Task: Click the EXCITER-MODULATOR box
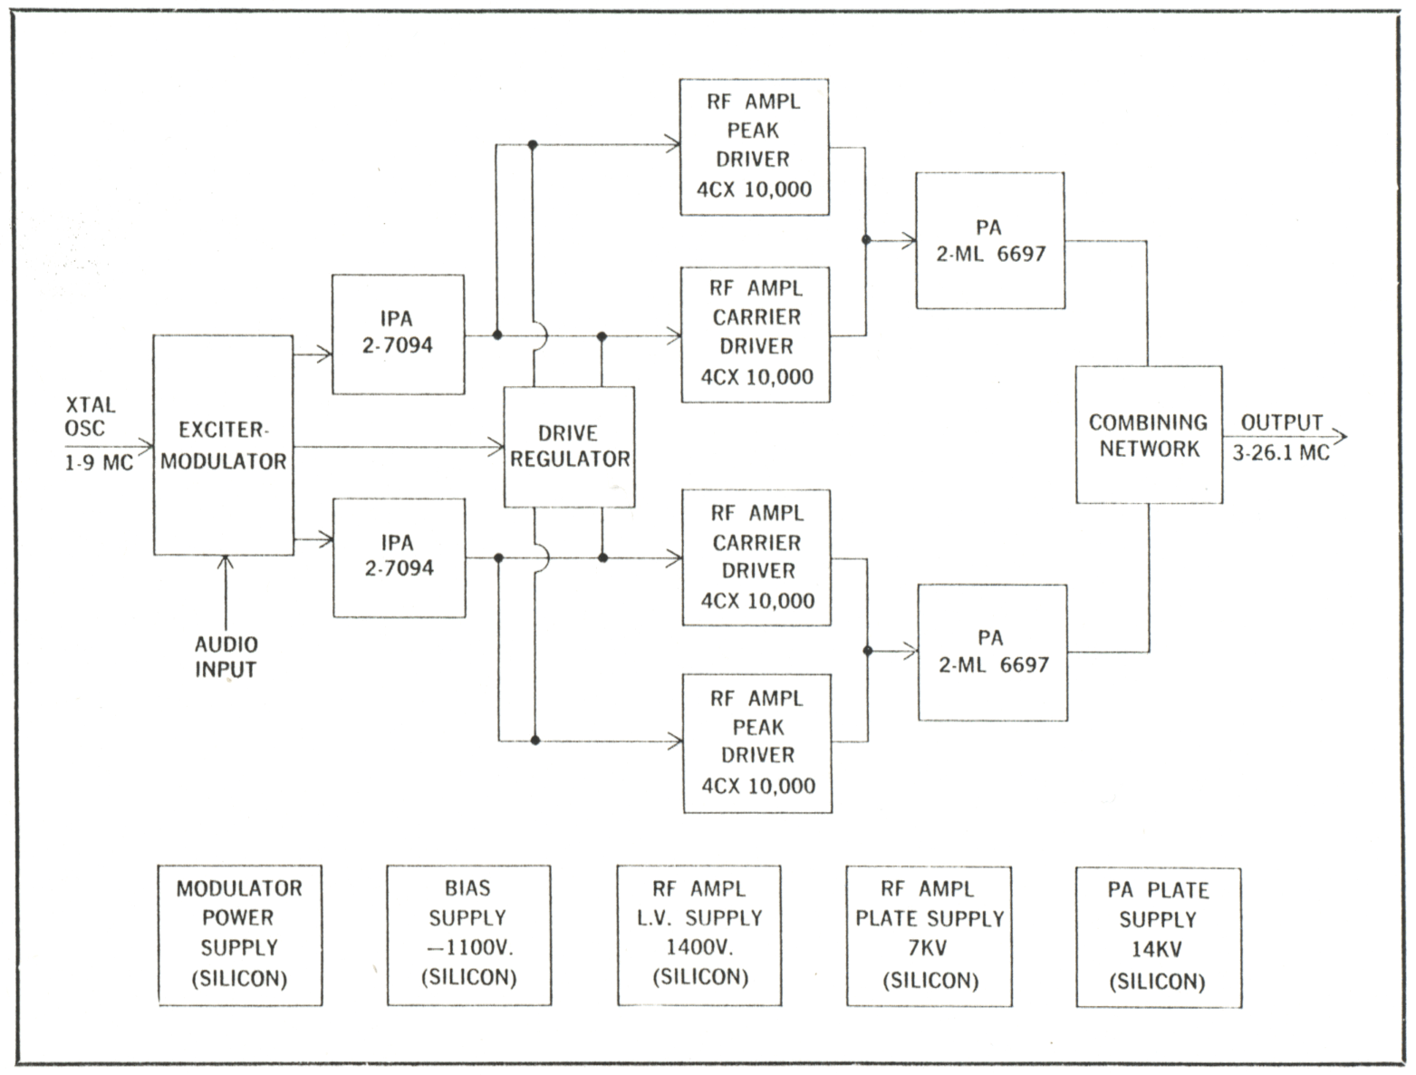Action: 223,445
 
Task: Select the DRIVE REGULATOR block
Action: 569,446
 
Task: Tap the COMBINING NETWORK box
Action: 1148,435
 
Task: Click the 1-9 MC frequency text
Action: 98,462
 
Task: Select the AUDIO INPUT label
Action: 226,657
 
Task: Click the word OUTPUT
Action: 1281,422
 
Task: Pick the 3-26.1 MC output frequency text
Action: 1281,452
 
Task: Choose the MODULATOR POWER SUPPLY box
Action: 240,935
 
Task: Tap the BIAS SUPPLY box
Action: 468,935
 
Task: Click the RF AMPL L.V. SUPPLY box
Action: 698,935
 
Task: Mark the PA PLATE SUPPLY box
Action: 1158,936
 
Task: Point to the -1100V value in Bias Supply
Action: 468,948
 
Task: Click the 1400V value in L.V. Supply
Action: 699,948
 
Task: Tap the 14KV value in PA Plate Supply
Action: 1157,950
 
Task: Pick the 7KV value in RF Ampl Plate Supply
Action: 930,950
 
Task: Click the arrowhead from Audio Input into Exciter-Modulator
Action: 225,562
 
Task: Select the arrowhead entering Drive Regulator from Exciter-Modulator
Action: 496,446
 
